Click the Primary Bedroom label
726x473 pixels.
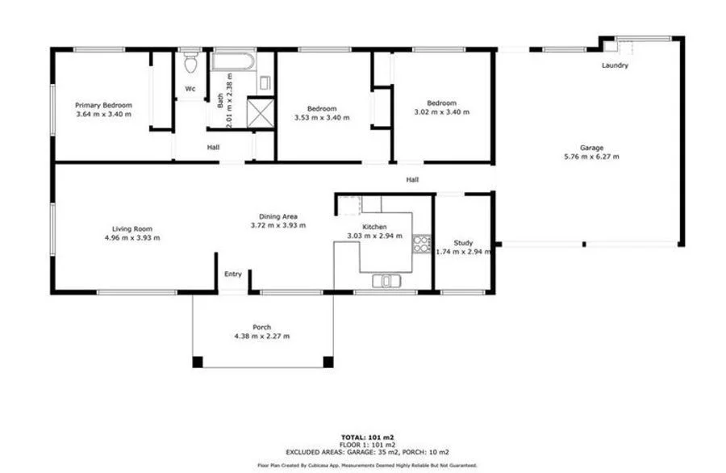pyautogui.click(x=103, y=105)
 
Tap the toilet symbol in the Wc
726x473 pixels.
pyautogui.click(x=191, y=61)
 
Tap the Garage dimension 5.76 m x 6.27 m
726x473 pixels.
pyautogui.click(x=591, y=157)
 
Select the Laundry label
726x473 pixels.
pyautogui.click(x=615, y=65)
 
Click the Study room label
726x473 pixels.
pyautogui.click(x=463, y=242)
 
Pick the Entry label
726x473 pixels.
pyautogui.click(x=233, y=274)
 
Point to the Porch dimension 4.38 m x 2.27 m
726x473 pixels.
pyautogui.click(x=261, y=336)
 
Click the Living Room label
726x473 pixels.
pyautogui.click(x=132, y=228)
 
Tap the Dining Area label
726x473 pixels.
pyautogui.click(x=278, y=216)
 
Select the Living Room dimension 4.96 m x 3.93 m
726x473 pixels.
pyautogui.click(x=132, y=237)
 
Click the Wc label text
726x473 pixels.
pyautogui.click(x=190, y=89)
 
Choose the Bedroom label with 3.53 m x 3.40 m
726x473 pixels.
pyautogui.click(x=322, y=108)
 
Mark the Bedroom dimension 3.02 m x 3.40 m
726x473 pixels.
pyautogui.click(x=441, y=111)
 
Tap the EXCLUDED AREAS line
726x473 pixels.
pyautogui.click(x=367, y=451)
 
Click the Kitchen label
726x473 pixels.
pyautogui.click(x=374, y=227)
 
